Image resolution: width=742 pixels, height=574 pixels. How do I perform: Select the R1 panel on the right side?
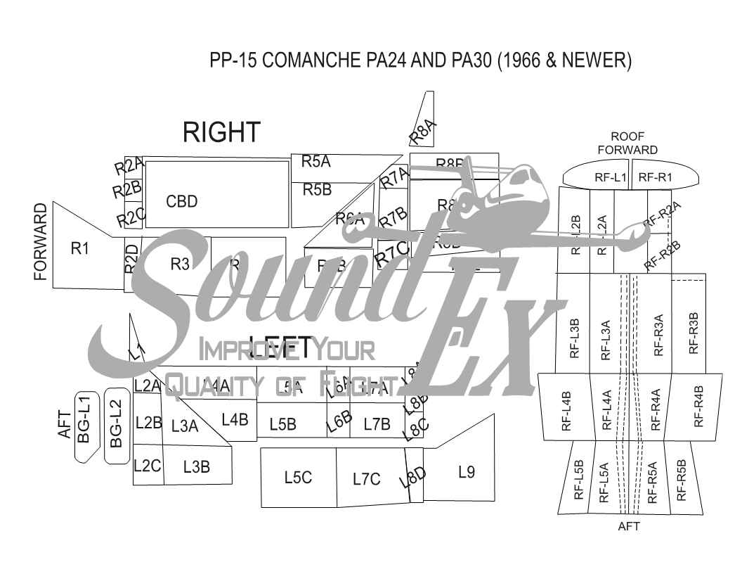pyautogui.click(x=81, y=248)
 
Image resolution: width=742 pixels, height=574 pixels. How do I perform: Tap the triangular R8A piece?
pyautogui.click(x=423, y=129)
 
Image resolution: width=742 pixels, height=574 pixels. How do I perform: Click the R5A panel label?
pyautogui.click(x=316, y=162)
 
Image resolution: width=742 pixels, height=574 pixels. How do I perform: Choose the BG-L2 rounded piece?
pyautogui.click(x=116, y=426)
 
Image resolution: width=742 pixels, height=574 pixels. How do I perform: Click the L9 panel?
pyautogui.click(x=466, y=472)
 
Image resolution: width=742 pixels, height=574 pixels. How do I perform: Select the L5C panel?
pyautogui.click(x=298, y=478)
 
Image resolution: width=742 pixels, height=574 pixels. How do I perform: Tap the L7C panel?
pyautogui.click(x=367, y=479)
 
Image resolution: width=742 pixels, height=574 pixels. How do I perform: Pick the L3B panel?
pyautogui.click(x=197, y=466)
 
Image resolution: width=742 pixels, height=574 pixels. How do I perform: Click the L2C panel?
pyautogui.click(x=148, y=465)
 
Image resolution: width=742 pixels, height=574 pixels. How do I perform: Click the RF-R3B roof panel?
pyautogui.click(x=693, y=332)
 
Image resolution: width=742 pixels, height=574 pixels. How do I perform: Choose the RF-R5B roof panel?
pyautogui.click(x=680, y=480)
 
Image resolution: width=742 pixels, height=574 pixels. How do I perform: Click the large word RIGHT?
pyautogui.click(x=221, y=132)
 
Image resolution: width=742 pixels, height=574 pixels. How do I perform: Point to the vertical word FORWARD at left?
pyautogui.click(x=41, y=242)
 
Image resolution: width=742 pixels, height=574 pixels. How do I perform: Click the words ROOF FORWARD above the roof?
pyautogui.click(x=627, y=143)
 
